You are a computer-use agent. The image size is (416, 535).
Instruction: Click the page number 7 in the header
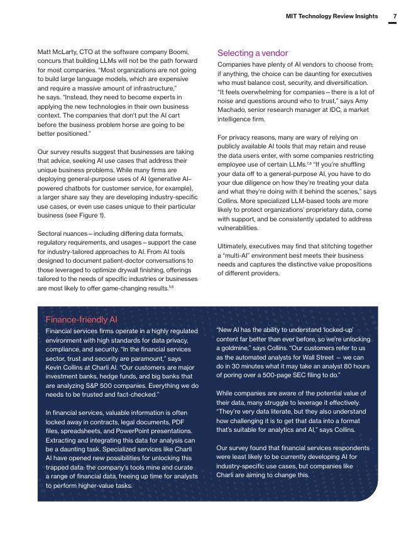(x=393, y=16)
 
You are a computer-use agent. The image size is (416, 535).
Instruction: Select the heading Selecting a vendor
(x=253, y=53)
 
